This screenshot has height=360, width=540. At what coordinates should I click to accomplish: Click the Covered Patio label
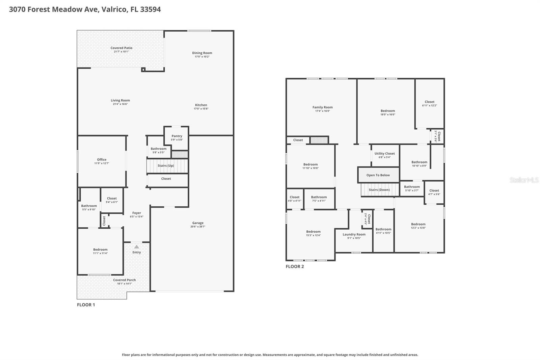pos(121,48)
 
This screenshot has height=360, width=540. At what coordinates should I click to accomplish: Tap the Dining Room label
pos(202,53)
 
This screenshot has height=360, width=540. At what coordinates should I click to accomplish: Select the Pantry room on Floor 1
pos(177,137)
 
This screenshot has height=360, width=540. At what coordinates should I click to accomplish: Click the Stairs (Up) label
pos(166,166)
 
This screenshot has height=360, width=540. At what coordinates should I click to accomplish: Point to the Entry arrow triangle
pos(136,247)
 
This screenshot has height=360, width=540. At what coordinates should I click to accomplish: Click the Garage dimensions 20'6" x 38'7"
pos(198,227)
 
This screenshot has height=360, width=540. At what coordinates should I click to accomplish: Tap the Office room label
pos(102,160)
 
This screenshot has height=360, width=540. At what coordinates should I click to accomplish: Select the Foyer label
pos(136,213)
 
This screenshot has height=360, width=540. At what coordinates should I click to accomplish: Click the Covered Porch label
pos(124,280)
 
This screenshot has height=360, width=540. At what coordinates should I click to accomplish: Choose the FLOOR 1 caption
pos(86,305)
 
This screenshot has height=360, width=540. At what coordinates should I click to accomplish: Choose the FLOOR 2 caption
pos(295,266)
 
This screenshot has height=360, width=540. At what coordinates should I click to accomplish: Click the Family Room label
pos(322,107)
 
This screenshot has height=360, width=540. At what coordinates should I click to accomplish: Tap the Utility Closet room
pos(384,155)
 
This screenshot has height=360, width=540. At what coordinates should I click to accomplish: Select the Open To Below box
pos(378,175)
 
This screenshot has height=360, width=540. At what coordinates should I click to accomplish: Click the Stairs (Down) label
pos(379,190)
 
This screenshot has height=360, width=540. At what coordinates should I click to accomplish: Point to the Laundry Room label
pos(354,234)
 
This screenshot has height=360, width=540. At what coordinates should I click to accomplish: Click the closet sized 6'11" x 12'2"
pos(429,103)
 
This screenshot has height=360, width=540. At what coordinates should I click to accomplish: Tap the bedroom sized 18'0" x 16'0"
pos(387,112)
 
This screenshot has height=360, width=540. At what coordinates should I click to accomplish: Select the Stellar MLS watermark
pos(524,180)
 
